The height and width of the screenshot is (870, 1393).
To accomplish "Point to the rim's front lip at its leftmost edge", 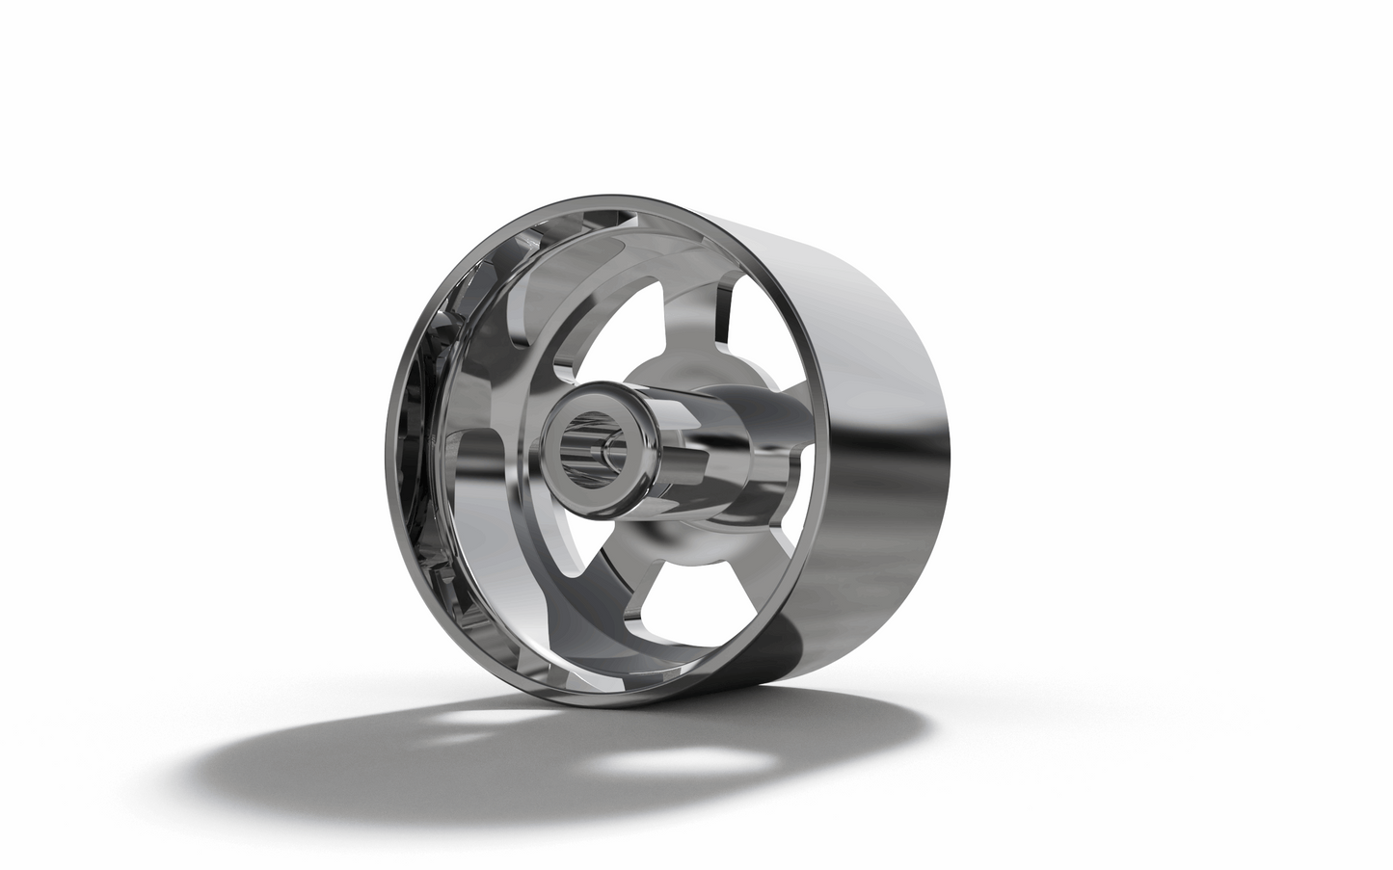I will tap(391, 453).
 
